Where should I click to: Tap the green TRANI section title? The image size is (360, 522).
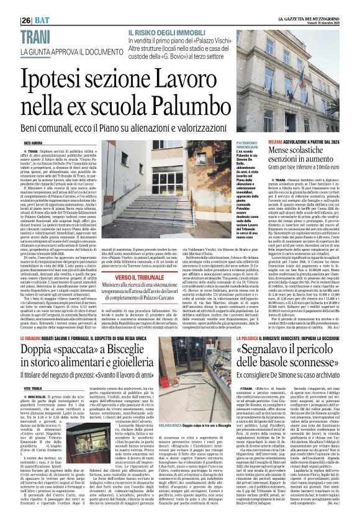coord(22,35)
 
